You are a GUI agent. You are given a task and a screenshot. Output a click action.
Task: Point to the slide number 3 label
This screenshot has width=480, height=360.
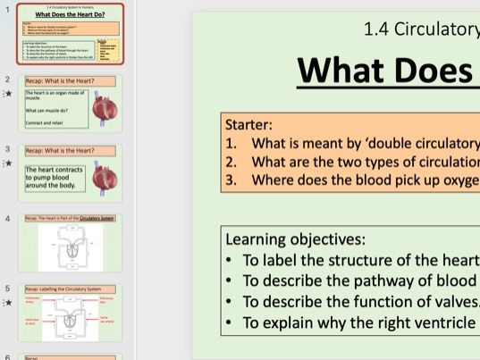click(x=8, y=149)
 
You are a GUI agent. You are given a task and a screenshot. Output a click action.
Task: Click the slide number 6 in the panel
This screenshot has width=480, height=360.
click(x=8, y=356)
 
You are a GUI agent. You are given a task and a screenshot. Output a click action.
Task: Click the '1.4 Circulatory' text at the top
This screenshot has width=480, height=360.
click(x=420, y=29)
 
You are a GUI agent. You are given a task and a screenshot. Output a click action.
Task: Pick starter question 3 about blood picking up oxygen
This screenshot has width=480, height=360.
click(x=358, y=180)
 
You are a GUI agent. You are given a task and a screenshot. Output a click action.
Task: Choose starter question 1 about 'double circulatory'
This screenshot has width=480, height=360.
click(x=358, y=143)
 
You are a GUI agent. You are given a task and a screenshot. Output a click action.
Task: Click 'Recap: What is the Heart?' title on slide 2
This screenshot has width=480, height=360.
click(x=59, y=80)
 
